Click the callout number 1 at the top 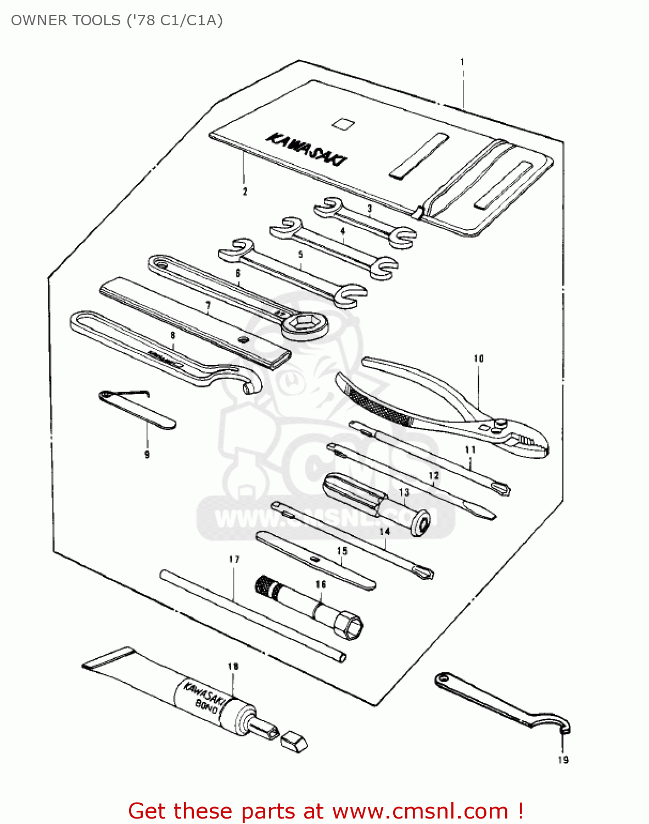click(x=462, y=62)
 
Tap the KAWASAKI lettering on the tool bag click(x=307, y=148)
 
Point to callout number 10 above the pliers click(x=479, y=359)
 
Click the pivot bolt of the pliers click(x=501, y=423)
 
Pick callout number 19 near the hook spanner click(x=563, y=760)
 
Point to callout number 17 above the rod click(x=234, y=559)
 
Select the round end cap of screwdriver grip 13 click(x=421, y=524)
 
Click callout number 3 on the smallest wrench click(x=370, y=209)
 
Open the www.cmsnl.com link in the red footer click(x=420, y=811)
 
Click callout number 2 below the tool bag click(x=245, y=191)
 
